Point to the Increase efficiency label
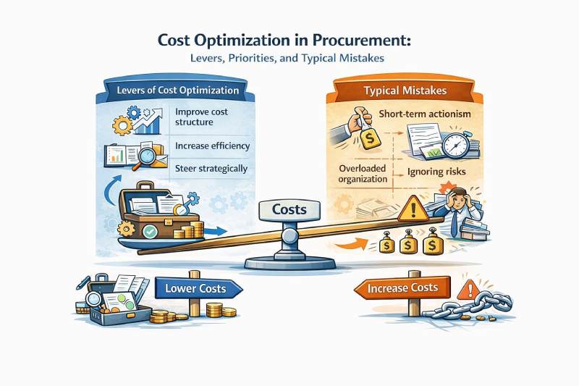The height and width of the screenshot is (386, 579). tap(212, 146)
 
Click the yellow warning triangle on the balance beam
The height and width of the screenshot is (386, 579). tap(413, 209)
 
